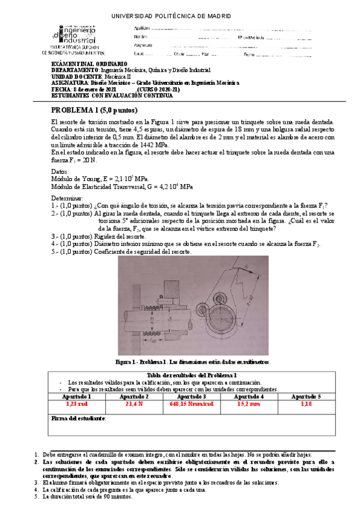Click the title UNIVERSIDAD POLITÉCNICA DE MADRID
point(180,16)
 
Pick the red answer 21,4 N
point(133,404)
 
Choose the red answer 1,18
point(306,404)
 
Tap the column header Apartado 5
point(306,396)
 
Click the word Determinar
point(67,198)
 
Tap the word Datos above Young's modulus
point(61,172)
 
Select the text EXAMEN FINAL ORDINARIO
point(90,64)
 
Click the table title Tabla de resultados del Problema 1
point(191,375)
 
